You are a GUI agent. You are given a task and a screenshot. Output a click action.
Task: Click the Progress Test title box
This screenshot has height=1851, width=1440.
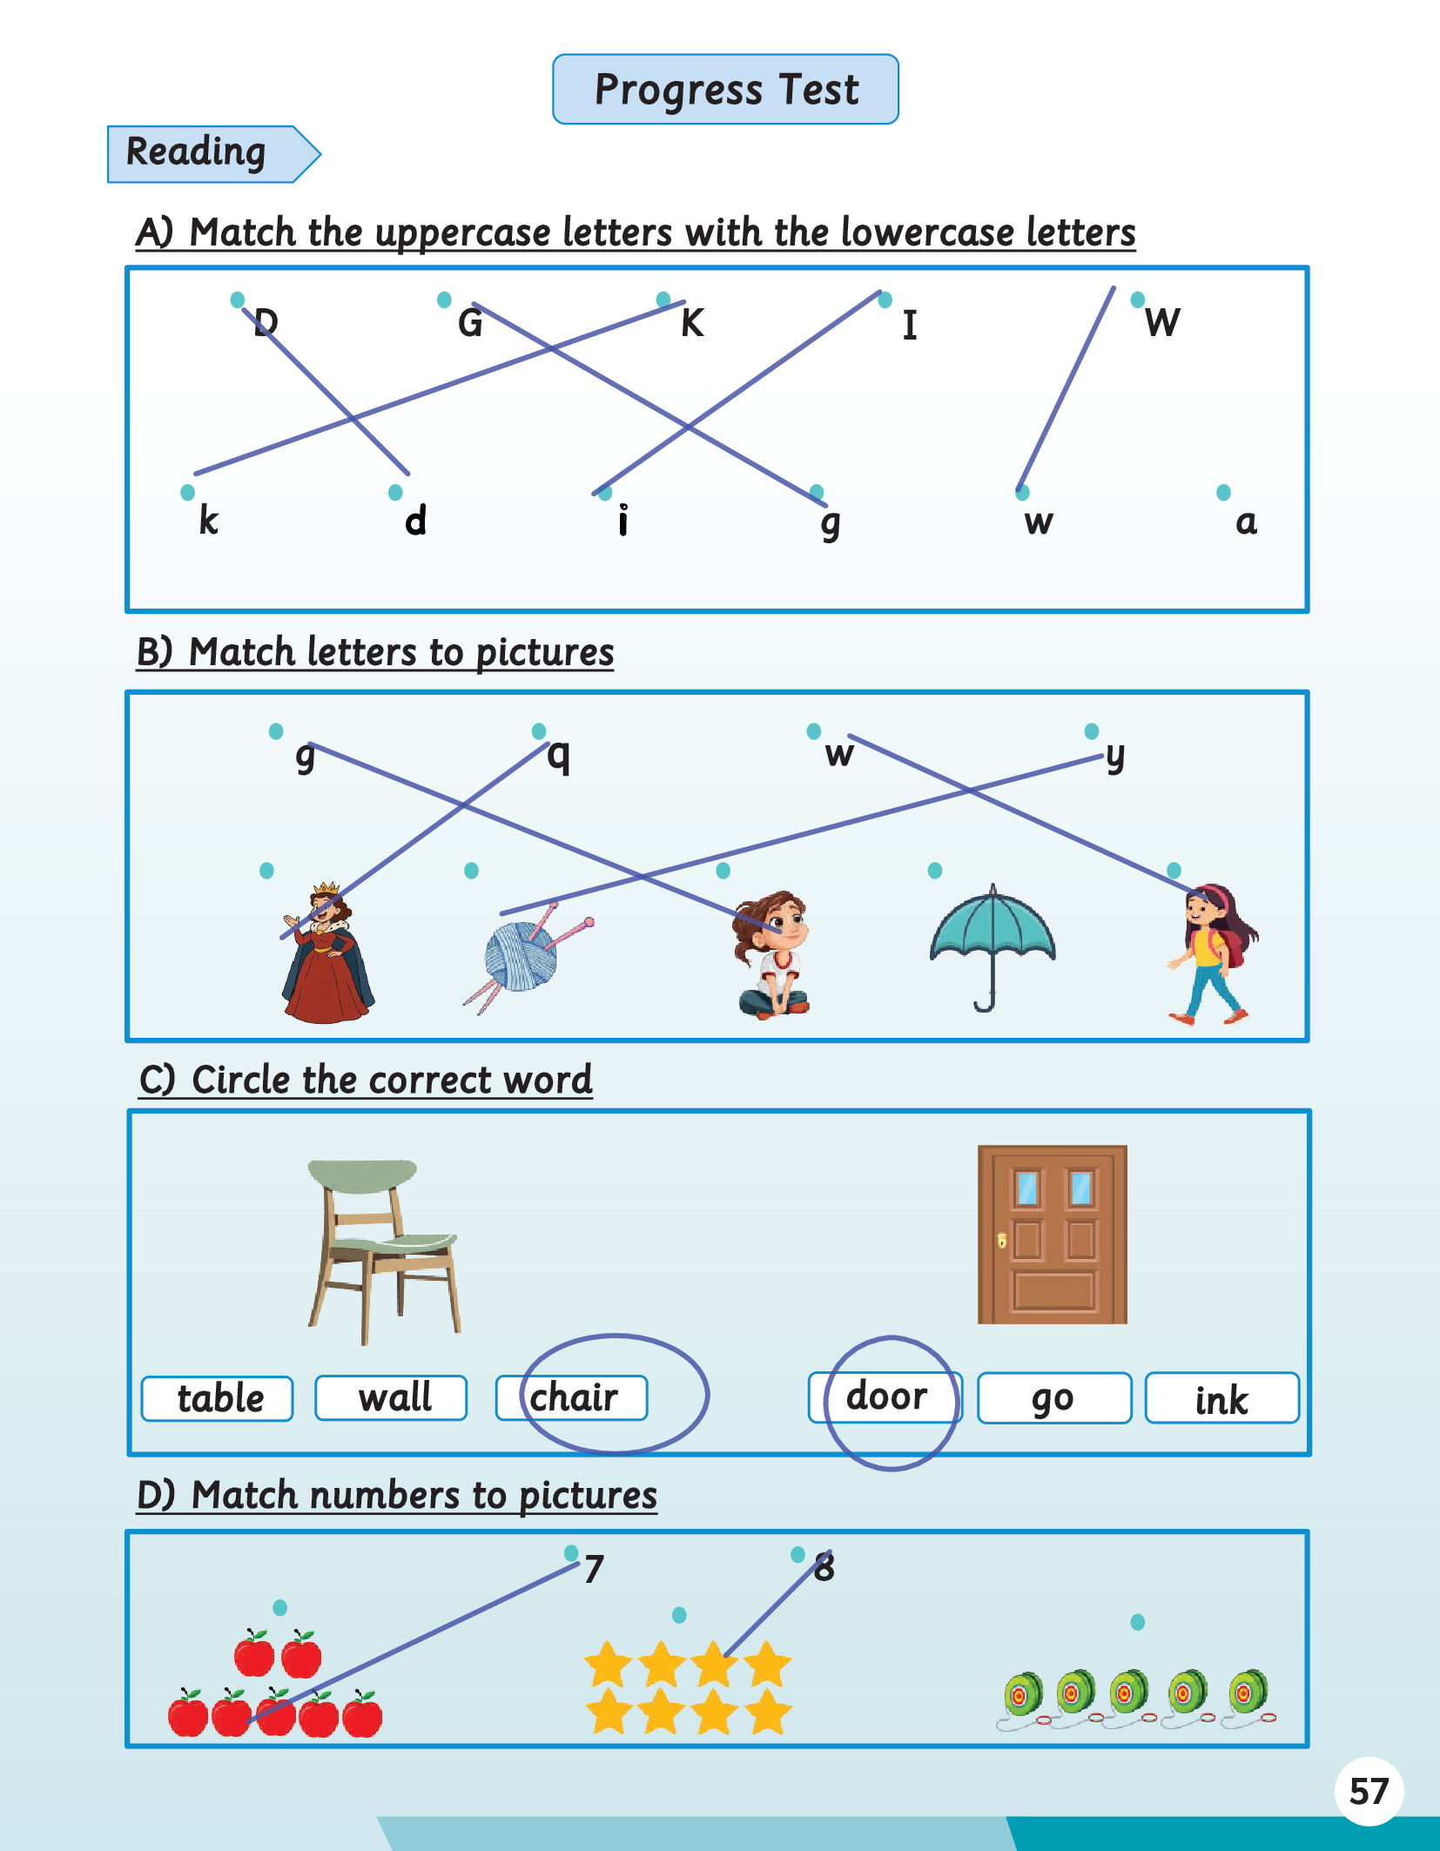pyautogui.click(x=725, y=89)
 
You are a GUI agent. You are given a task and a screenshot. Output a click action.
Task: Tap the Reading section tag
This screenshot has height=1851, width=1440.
pyautogui.click(x=213, y=154)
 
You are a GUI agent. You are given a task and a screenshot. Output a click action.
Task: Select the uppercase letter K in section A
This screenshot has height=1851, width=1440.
pyautogui.click(x=692, y=323)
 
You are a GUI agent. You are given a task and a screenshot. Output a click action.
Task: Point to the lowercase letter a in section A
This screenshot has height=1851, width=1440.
pyautogui.click(x=1246, y=522)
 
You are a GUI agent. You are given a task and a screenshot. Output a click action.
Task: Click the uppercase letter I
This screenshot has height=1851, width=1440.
pyautogui.click(x=910, y=325)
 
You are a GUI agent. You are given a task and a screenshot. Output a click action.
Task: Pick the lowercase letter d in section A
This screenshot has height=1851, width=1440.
pyautogui.click(x=415, y=520)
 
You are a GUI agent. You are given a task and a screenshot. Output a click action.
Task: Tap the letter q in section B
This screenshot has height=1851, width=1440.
pyautogui.click(x=558, y=756)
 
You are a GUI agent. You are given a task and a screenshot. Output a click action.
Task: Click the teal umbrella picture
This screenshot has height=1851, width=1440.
pyautogui.click(x=993, y=947)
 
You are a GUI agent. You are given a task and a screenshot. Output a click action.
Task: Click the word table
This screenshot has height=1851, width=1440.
pyautogui.click(x=220, y=1398)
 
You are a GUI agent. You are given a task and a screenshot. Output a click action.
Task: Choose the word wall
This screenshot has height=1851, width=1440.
pyautogui.click(x=395, y=1397)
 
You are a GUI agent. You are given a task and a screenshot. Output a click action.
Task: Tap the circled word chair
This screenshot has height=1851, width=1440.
pyautogui.click(x=574, y=1397)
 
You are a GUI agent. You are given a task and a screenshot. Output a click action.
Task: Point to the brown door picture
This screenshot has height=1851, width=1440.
pyautogui.click(x=1053, y=1235)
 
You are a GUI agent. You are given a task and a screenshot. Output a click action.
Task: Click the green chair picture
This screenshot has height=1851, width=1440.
pyautogui.click(x=384, y=1250)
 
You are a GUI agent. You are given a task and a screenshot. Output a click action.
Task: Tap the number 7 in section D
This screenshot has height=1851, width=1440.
pyautogui.click(x=594, y=1569)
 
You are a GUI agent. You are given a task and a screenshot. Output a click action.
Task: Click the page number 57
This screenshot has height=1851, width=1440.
pyautogui.click(x=1369, y=1792)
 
